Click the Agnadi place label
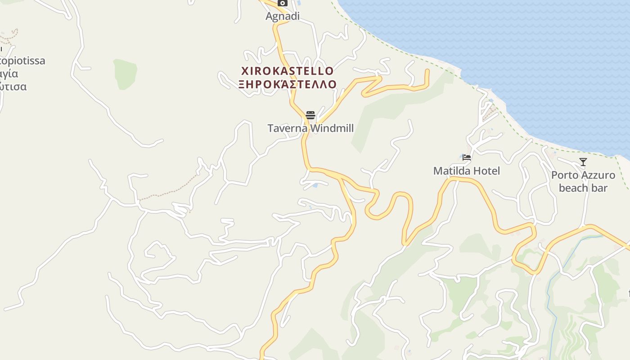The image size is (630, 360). coord(283,16)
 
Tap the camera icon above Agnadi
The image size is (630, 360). coord(283,3)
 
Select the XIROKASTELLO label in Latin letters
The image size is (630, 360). coord(288,71)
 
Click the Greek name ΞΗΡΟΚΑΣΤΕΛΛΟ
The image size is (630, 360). coord(288,84)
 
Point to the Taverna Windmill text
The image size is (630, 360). coord(310,128)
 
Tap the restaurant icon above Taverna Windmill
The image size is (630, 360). coord(310,115)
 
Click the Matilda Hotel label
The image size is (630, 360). coord(466,171)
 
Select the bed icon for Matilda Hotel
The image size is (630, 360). coord(467,157)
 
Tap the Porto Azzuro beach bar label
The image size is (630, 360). coord(583,181)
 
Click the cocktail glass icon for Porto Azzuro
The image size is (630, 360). coord(583,162)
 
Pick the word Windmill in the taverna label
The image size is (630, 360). coord(332,128)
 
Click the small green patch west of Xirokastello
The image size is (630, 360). coord(125,73)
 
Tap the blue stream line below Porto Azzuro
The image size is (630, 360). coord(550,292)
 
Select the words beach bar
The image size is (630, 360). coord(583,188)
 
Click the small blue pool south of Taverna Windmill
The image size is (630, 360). coord(315,185)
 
